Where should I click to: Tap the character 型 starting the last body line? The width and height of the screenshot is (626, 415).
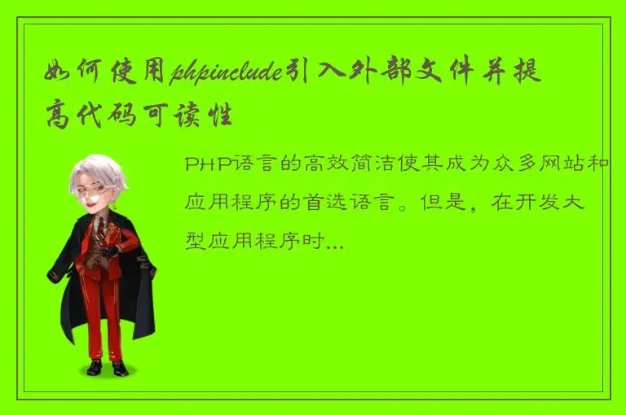[x=196, y=242]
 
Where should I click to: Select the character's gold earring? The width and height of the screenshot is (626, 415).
[x=115, y=205]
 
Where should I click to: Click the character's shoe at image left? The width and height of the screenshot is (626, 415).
[x=95, y=367]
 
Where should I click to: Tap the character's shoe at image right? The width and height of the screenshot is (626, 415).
[x=120, y=368]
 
